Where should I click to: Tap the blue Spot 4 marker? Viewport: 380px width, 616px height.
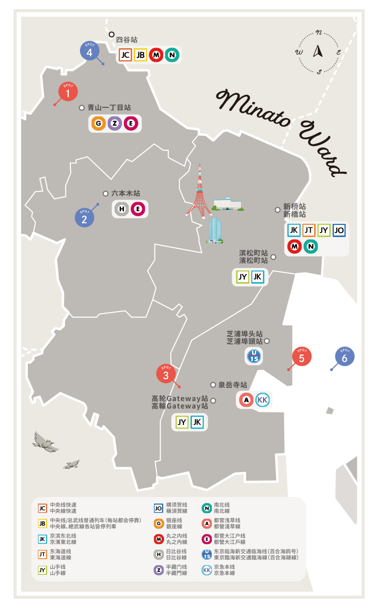(x=89, y=52)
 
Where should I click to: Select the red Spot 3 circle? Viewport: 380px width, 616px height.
(x=166, y=375)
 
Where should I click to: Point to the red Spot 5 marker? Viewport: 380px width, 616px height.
(x=301, y=357)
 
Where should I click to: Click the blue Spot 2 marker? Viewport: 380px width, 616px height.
(x=84, y=218)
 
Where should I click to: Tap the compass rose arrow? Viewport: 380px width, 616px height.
(x=319, y=51)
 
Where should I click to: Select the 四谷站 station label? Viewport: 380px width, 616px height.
(x=126, y=40)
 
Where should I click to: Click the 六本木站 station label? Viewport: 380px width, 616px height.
(x=125, y=194)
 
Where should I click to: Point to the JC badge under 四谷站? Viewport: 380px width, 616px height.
(x=125, y=55)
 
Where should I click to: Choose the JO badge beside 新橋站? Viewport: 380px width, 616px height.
(x=339, y=230)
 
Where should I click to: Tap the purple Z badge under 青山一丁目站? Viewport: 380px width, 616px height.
(x=115, y=123)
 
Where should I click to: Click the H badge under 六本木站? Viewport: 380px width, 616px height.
(x=122, y=209)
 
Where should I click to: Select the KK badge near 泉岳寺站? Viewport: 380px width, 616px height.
(x=262, y=400)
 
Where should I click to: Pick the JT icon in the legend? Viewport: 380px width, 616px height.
(x=43, y=554)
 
